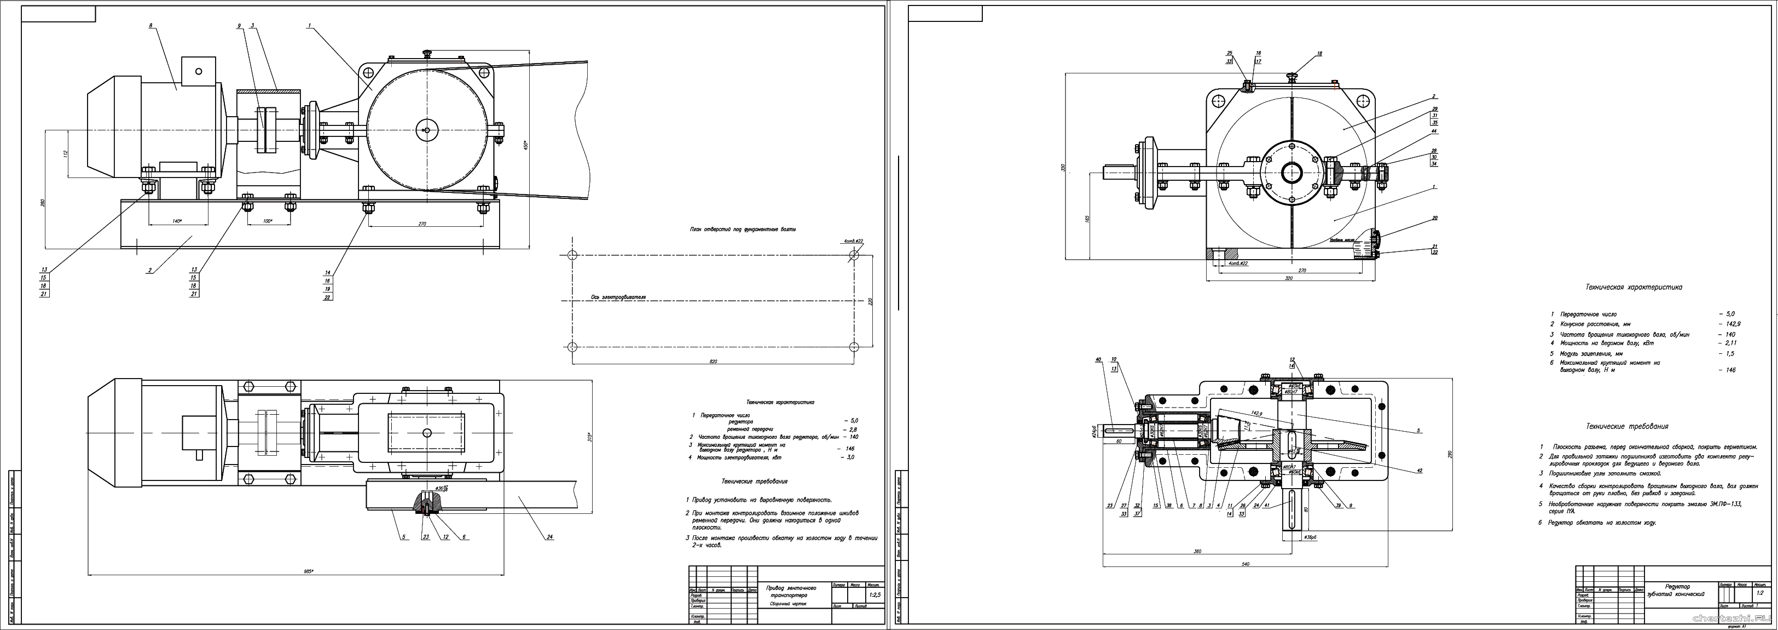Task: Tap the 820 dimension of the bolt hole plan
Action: tap(714, 361)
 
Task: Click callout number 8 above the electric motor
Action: tap(150, 26)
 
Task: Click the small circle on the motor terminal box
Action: tap(200, 71)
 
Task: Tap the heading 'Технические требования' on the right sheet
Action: tap(1630, 426)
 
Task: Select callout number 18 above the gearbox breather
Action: tap(1319, 54)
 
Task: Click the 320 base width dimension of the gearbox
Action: tap(1289, 278)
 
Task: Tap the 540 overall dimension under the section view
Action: tap(1245, 564)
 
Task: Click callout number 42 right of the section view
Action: tap(1419, 471)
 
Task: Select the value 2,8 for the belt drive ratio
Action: tap(853, 429)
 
